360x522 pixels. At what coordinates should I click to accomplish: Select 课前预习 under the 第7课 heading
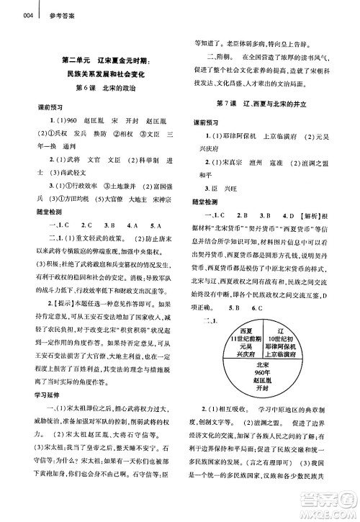pos(210,122)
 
